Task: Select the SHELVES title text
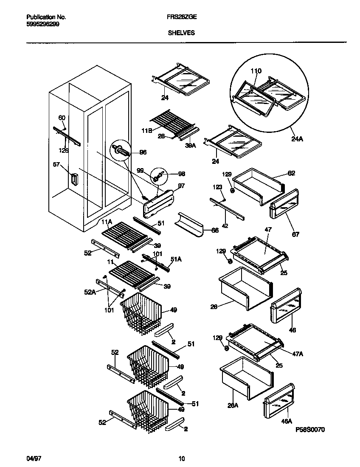pyautogui.click(x=181, y=32)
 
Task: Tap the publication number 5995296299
pyautogui.click(x=42, y=24)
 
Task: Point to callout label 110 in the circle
pyautogui.click(x=256, y=71)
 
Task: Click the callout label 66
pyautogui.click(x=215, y=231)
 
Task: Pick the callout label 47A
pyautogui.click(x=298, y=353)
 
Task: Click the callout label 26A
pyautogui.click(x=233, y=405)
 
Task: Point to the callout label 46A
pyautogui.click(x=287, y=421)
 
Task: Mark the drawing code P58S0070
pyautogui.click(x=310, y=430)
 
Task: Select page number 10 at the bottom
pyautogui.click(x=181, y=459)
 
